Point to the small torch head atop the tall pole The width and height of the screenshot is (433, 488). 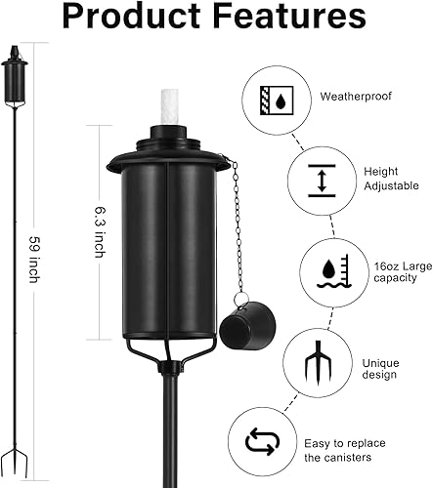pyautogui.click(x=15, y=77)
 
